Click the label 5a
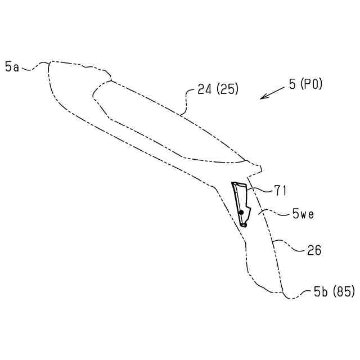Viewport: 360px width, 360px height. pos(12,67)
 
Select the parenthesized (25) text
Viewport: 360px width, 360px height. pos(226,89)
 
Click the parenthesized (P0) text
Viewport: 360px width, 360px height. pos(310,84)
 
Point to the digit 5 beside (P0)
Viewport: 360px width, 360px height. pos(292,84)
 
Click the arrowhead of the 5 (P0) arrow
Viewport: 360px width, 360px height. pos(262,98)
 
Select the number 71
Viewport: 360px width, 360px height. pos(280,191)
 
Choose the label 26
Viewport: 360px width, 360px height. pos(314,250)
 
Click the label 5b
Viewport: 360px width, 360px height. pos(321,292)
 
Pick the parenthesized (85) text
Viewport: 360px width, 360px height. pos(344,292)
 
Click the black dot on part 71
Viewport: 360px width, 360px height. pos(241,212)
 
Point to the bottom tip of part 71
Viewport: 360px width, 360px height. pos(244,225)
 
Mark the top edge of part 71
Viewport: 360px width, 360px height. pos(238,183)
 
